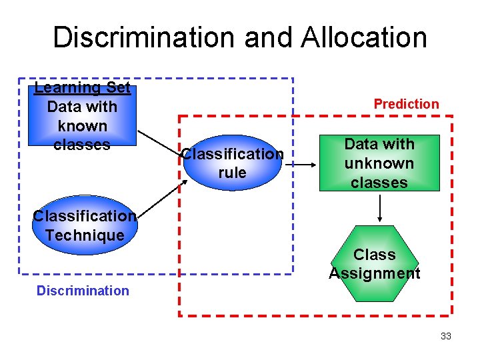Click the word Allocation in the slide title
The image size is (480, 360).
pos(364,38)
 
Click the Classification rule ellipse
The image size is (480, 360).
pos(232,163)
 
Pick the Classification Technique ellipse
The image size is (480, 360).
pos(84,225)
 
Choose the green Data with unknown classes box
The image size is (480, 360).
pos(379,163)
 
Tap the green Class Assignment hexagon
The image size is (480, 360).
pos(375,264)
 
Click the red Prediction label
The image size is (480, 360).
pos(406,104)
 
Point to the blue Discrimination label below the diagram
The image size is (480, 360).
pos(83,291)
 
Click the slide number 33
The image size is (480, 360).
pos(446,336)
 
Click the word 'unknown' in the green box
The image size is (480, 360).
pos(379,163)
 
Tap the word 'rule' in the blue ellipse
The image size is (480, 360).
pos(232,173)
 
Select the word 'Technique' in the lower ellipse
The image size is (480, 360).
pos(84,235)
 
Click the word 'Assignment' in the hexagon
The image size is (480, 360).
pos(375,273)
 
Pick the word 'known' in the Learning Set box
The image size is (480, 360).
pos(83,125)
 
